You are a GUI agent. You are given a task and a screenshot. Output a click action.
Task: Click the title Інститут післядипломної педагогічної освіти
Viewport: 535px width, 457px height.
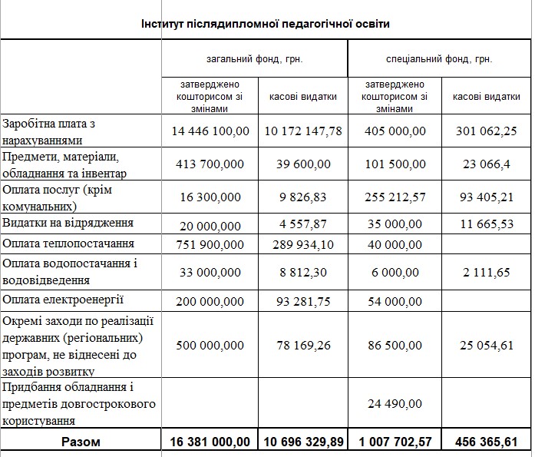click(266, 25)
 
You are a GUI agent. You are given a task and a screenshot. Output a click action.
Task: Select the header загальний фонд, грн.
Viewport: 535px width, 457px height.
click(254, 58)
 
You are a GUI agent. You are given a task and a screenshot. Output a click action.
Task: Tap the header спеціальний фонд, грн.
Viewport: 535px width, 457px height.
click(439, 58)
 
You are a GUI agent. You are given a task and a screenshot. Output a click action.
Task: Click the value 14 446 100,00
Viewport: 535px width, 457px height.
click(210, 131)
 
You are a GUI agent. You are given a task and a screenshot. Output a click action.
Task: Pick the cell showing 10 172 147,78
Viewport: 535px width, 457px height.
click(303, 131)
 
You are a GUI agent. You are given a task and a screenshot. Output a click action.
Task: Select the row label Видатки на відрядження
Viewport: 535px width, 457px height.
click(68, 223)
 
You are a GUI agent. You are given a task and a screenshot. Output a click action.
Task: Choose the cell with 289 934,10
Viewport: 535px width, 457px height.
click(303, 243)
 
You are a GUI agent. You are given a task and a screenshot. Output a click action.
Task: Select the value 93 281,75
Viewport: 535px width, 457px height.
click(303, 300)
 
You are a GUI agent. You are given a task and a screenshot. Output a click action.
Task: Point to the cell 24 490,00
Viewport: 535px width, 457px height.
click(394, 404)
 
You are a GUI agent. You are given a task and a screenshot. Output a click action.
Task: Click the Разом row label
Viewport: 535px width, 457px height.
click(81, 442)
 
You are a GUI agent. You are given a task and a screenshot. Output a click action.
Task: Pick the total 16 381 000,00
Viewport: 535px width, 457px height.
click(210, 442)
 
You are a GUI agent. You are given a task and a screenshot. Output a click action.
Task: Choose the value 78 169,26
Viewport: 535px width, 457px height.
click(303, 346)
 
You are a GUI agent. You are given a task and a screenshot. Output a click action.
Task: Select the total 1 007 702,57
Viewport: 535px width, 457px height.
click(394, 442)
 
